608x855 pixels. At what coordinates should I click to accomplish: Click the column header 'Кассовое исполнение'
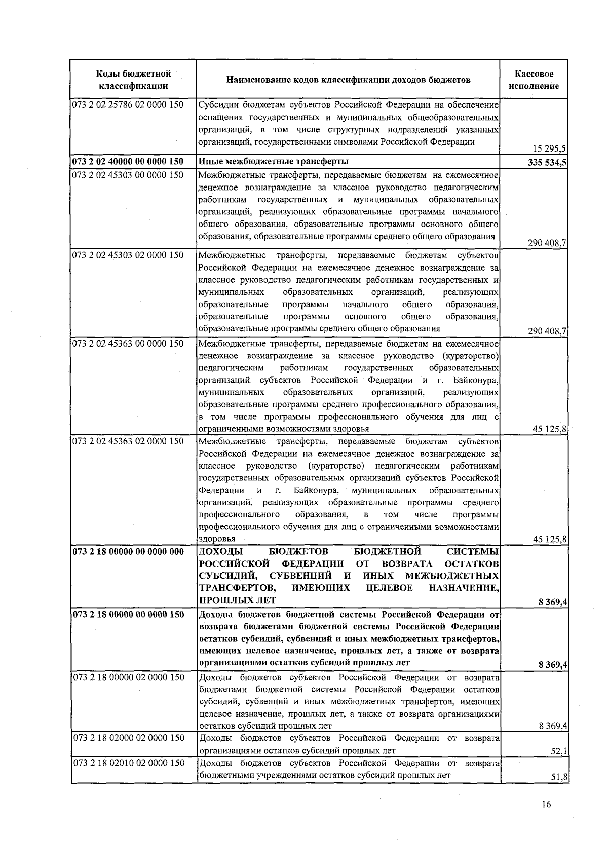point(535,80)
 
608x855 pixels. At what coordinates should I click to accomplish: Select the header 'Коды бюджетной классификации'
point(133,80)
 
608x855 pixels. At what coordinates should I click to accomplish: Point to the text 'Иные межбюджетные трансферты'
point(273,162)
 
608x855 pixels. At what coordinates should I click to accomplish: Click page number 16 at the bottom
point(546,804)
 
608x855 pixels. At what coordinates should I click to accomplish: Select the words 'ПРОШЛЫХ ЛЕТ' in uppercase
point(237,600)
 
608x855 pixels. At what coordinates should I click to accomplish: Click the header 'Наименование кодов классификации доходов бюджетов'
point(348,80)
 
